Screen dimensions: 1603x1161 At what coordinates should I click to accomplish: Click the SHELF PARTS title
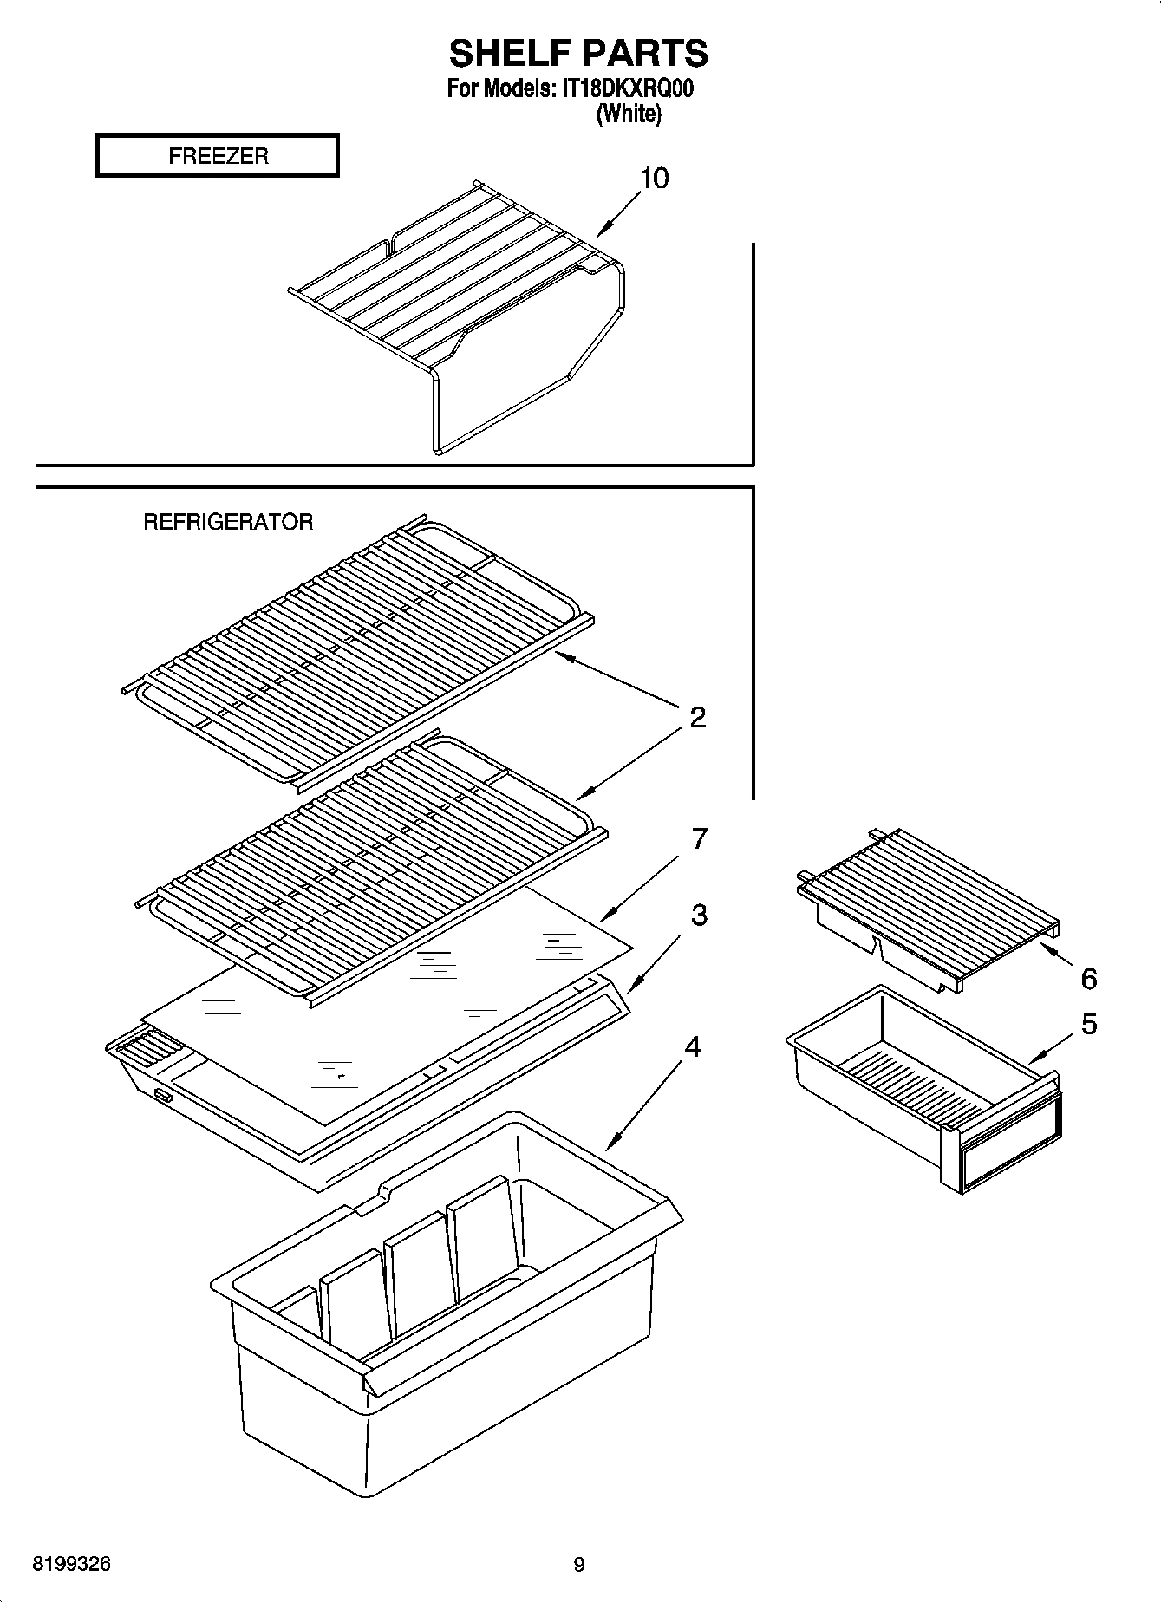[x=578, y=54]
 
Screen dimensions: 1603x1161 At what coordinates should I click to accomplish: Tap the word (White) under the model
[x=629, y=114]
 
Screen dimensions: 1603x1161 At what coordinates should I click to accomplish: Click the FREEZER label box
[x=217, y=156]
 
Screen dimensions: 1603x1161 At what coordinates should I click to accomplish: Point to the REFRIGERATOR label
[x=228, y=522]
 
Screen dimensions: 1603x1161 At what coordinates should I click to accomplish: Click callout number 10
[x=654, y=179]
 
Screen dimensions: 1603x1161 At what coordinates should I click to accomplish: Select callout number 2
[x=697, y=718]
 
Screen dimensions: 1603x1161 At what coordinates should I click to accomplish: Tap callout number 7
[x=698, y=838]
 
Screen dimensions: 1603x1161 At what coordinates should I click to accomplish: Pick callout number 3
[x=698, y=915]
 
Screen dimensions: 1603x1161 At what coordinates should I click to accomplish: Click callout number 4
[x=692, y=1046]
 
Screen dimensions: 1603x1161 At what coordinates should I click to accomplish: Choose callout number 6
[x=1088, y=979]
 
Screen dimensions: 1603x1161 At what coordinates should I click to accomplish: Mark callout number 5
[x=1088, y=1024]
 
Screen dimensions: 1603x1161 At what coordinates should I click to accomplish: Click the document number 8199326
[x=72, y=1564]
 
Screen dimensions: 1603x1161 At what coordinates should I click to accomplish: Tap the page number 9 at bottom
[x=579, y=1565]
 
